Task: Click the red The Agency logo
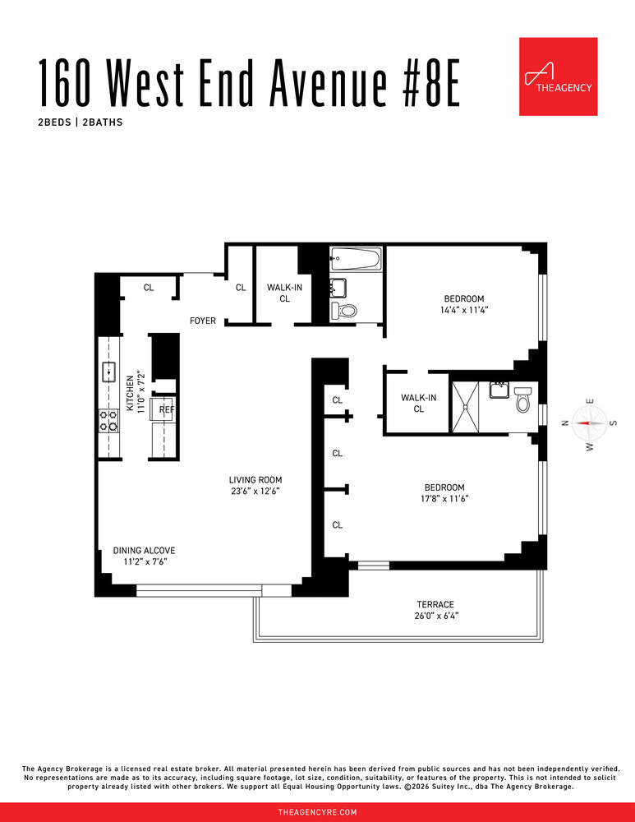point(558,76)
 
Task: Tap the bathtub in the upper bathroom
point(355,261)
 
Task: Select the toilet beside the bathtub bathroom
point(345,311)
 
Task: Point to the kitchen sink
point(108,372)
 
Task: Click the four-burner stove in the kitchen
point(108,421)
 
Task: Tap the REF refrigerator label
point(167,409)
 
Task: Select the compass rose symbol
point(589,423)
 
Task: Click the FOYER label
point(203,321)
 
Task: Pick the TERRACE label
point(435,604)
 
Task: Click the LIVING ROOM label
point(255,479)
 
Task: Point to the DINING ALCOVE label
point(144,551)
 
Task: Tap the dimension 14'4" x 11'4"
point(463,310)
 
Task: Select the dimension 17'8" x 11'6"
point(445,498)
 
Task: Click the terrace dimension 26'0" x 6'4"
point(435,616)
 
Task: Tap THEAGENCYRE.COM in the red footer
point(317,812)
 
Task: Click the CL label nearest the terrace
point(337,524)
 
